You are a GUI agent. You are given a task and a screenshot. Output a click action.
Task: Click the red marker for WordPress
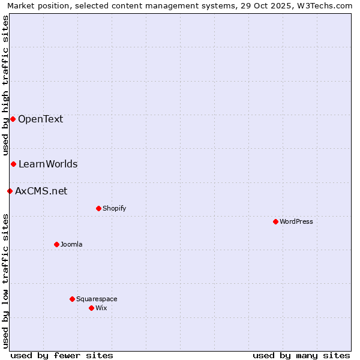coord(275,221)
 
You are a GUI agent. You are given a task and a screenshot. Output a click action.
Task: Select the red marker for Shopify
coord(98,208)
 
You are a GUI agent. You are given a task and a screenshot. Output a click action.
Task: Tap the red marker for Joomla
coord(56,244)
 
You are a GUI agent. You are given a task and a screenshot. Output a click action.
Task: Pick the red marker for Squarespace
coord(72,299)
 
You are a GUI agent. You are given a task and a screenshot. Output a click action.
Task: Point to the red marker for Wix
coord(91,308)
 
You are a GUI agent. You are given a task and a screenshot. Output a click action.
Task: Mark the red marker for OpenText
coord(13,119)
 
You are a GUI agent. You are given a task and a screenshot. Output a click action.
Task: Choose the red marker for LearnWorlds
coord(13,164)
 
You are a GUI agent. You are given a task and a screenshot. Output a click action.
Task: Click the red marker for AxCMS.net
coord(10,191)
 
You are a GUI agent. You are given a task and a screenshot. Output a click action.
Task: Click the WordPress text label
coord(296,221)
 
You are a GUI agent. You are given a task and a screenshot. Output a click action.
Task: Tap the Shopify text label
coord(114,208)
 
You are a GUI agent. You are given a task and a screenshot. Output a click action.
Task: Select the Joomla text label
coord(71,244)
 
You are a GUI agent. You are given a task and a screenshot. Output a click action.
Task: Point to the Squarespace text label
coord(97,299)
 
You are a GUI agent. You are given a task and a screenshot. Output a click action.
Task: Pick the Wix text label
coord(101,308)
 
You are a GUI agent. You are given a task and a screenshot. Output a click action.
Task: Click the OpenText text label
coord(40,119)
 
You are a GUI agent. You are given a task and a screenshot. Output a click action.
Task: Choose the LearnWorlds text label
coord(48,164)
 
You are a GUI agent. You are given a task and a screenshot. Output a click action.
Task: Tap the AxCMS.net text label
coord(41,191)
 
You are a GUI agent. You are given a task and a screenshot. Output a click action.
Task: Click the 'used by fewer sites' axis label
coord(62,355)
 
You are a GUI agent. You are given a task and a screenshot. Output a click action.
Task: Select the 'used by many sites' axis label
coord(301,355)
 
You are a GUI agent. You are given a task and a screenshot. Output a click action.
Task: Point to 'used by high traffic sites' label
coord(5,85)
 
